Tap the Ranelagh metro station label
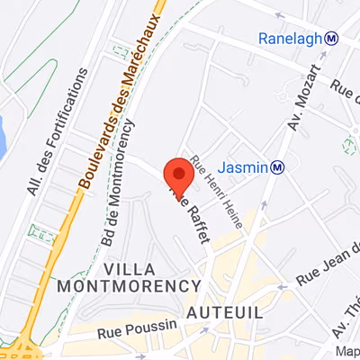(x=290, y=39)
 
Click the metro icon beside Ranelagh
(x=332, y=38)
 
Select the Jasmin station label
(x=246, y=166)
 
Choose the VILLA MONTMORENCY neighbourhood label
(x=126, y=277)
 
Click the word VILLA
(x=126, y=269)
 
